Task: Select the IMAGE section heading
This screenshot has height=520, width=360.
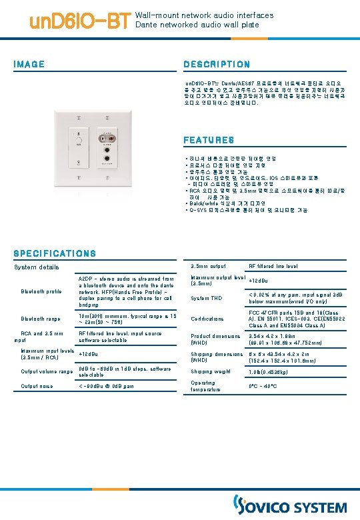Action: [29, 65]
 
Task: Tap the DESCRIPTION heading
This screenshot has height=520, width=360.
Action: [217, 65]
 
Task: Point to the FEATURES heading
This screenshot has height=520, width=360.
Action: [209, 141]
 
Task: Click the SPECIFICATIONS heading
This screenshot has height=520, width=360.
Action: [55, 253]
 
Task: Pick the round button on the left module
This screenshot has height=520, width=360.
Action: [79, 141]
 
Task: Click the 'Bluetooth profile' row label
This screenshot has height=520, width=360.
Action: [41, 291]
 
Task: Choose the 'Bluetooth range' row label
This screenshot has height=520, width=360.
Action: [41, 319]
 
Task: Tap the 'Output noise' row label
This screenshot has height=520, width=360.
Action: [37, 386]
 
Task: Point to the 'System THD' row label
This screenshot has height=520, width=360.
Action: [207, 298]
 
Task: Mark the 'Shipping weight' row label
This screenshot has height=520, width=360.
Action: [212, 371]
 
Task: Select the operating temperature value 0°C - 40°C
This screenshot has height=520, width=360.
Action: [264, 386]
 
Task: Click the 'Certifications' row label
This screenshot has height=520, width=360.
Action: [207, 319]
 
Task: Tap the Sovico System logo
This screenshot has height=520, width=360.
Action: [289, 505]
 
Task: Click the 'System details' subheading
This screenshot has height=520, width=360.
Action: [37, 267]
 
